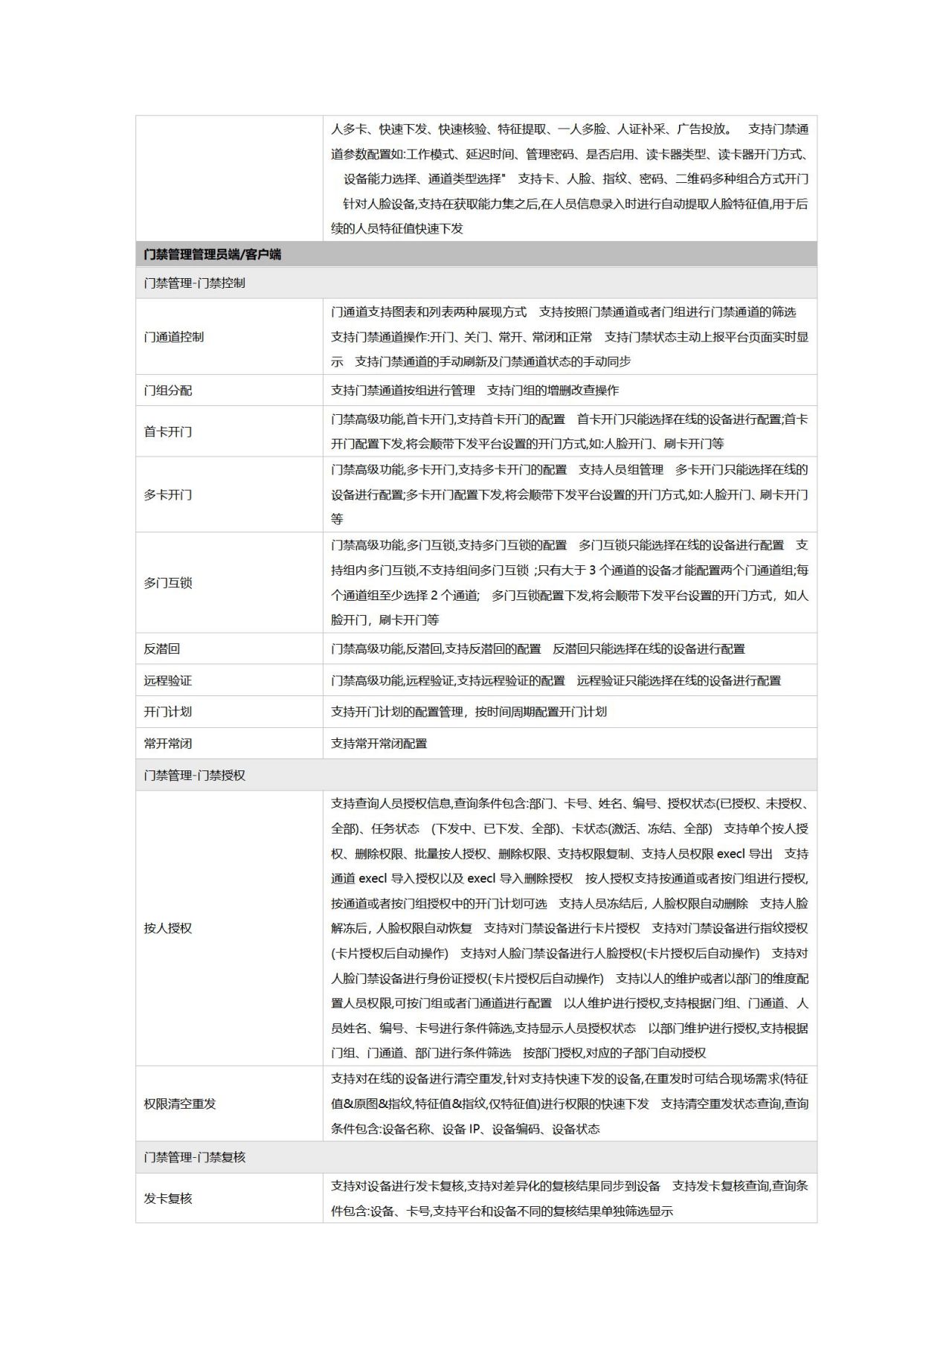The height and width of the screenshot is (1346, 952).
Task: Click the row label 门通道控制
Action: tap(173, 337)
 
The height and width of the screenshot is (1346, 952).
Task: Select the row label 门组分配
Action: tap(167, 390)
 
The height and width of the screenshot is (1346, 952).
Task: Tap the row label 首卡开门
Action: tap(167, 431)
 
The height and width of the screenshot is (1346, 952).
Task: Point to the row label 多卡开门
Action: tap(167, 495)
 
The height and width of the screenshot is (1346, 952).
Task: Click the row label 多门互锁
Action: tap(167, 583)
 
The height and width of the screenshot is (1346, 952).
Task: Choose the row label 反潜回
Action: tap(161, 649)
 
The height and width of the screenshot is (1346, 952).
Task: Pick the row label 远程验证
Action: tap(167, 680)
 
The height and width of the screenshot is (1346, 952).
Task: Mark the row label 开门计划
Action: tap(167, 712)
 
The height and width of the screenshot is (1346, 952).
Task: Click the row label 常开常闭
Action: tap(167, 744)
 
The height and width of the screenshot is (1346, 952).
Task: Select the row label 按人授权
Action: tap(167, 928)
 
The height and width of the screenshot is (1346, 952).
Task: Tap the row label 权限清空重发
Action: tap(179, 1104)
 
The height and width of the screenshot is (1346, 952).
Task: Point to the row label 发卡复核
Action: tap(167, 1199)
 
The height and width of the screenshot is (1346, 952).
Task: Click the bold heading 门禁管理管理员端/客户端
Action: tap(213, 254)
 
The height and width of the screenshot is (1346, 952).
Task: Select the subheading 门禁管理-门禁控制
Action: tap(194, 283)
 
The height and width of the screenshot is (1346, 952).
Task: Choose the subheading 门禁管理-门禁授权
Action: tap(194, 775)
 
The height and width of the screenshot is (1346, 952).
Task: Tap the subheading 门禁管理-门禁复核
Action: tap(194, 1157)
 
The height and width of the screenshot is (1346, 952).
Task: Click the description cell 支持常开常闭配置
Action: tap(379, 744)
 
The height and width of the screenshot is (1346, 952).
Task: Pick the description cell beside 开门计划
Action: tap(469, 712)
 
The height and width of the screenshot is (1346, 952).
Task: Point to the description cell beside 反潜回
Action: tap(538, 649)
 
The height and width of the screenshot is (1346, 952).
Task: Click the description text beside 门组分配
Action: tap(475, 390)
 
